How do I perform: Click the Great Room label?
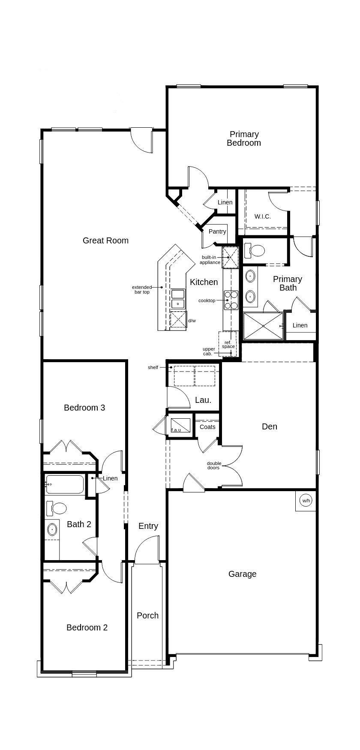pyautogui.click(x=105, y=240)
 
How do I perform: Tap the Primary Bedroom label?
pyautogui.click(x=244, y=138)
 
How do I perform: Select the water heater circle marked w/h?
pyautogui.click(x=306, y=500)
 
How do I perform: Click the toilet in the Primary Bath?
pyautogui.click(x=254, y=250)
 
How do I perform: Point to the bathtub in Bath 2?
pyautogui.click(x=65, y=485)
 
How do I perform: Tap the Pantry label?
pyautogui.click(x=217, y=231)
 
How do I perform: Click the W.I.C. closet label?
pyautogui.click(x=263, y=216)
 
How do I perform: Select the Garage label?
pyautogui.click(x=242, y=574)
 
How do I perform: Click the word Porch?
pyautogui.click(x=147, y=615)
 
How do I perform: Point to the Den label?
pyautogui.click(x=270, y=426)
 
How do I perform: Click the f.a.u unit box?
pyautogui.click(x=180, y=425)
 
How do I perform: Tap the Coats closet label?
pyautogui.click(x=207, y=427)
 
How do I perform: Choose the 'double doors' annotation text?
pyautogui.click(x=214, y=465)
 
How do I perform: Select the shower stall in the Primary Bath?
pyautogui.click(x=263, y=326)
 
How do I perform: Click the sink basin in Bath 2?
pyautogui.click(x=52, y=529)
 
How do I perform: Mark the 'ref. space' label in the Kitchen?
pyautogui.click(x=228, y=345)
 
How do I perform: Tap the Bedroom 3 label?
pyautogui.click(x=84, y=408)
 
